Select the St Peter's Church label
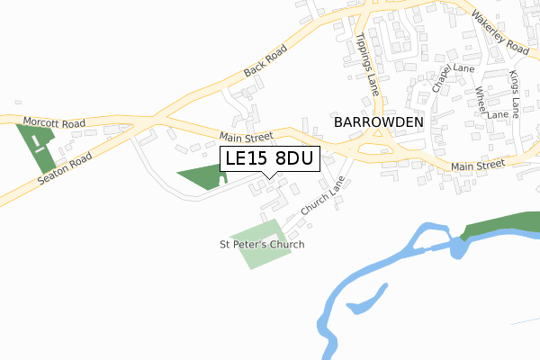click(x=263, y=244)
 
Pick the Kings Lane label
click(x=514, y=94)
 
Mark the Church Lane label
click(x=322, y=194)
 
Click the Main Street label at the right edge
click(x=478, y=166)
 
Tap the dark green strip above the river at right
click(x=504, y=225)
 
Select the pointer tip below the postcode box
click(x=262, y=175)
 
